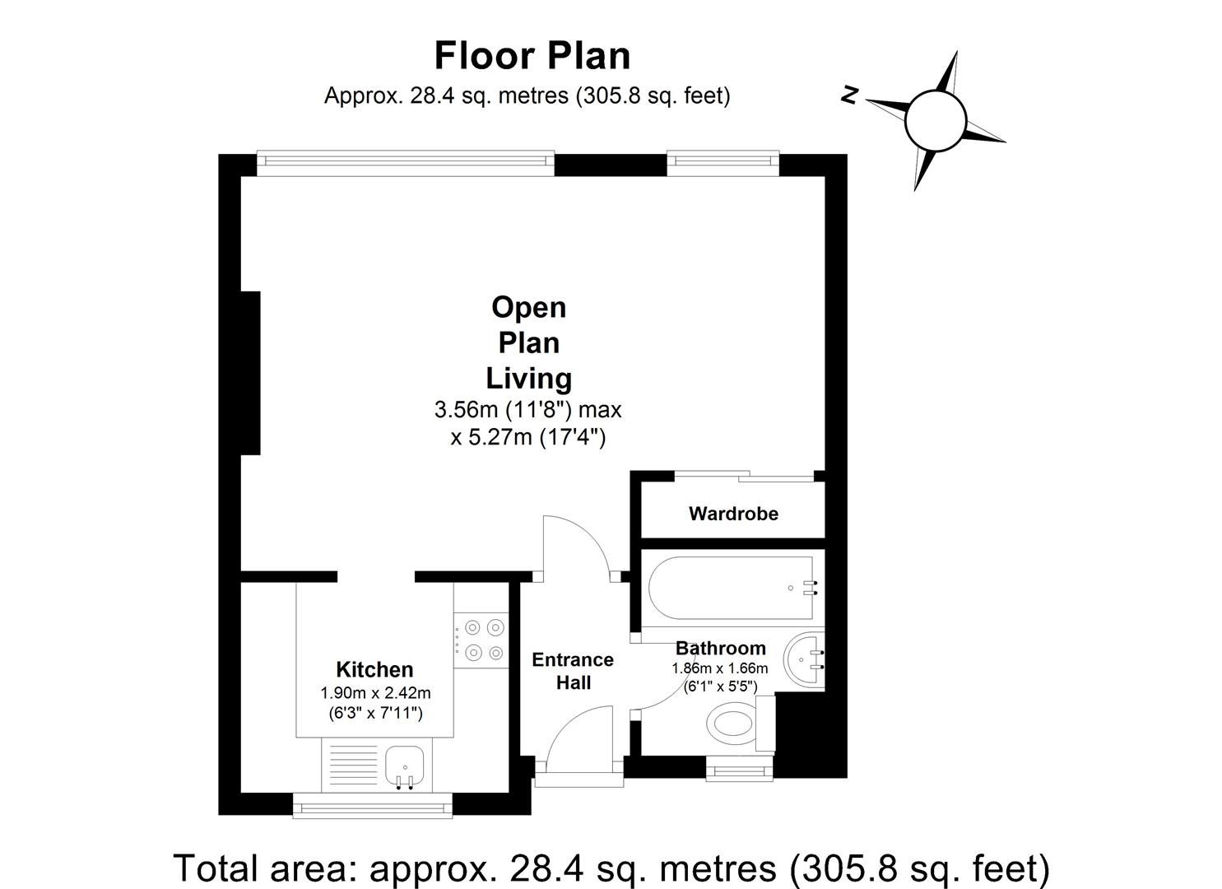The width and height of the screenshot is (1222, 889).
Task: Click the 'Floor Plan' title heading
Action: point(532,56)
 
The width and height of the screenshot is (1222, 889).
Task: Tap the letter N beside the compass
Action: point(850,95)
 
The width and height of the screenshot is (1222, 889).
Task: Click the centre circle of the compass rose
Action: point(934,121)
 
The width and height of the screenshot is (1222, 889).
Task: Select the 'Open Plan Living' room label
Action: point(528,342)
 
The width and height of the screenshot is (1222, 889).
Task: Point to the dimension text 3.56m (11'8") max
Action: point(527,409)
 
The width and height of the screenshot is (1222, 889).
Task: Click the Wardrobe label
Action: point(732,514)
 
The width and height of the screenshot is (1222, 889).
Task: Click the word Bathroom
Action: point(720,648)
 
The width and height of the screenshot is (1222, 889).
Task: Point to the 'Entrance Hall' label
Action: point(573,671)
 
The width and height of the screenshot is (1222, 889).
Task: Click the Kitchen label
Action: point(374,669)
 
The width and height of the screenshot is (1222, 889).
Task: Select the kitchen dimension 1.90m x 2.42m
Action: point(375,693)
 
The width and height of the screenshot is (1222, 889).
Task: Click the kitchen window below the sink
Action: point(373,805)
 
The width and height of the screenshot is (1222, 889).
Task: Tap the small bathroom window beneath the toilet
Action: point(739,770)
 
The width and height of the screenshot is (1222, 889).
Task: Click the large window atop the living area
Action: point(405,162)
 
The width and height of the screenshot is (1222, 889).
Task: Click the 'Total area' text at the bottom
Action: point(611,868)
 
